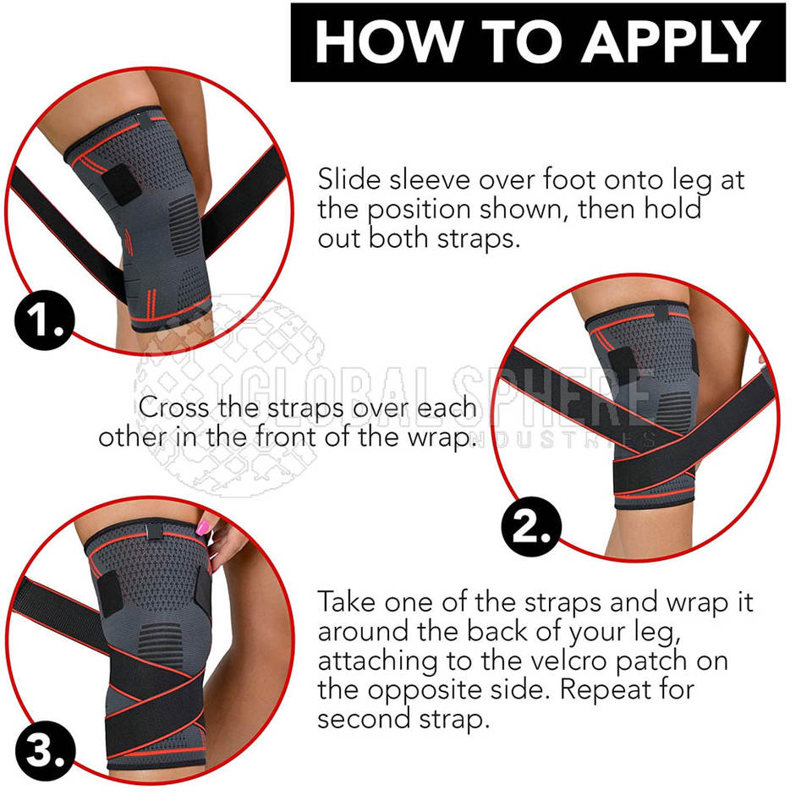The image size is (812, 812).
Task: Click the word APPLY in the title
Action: (x=672, y=41)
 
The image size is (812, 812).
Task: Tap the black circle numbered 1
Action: (x=45, y=320)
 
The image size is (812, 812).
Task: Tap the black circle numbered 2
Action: (x=531, y=527)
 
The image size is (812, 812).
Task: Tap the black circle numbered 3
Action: (x=45, y=750)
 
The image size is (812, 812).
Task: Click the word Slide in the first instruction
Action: (x=349, y=179)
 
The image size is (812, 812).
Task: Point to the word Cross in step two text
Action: (x=173, y=408)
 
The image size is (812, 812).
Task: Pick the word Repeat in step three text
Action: (x=601, y=690)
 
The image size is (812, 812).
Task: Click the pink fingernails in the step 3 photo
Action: (x=202, y=527)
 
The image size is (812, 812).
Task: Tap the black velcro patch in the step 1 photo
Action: (x=122, y=186)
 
